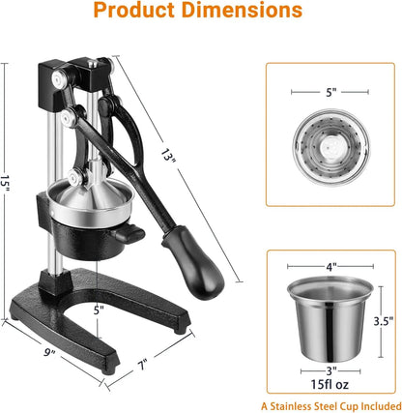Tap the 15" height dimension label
coord(8,185)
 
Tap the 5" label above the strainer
coord(330,94)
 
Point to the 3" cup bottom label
coord(330,369)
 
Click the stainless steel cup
coord(330,316)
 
